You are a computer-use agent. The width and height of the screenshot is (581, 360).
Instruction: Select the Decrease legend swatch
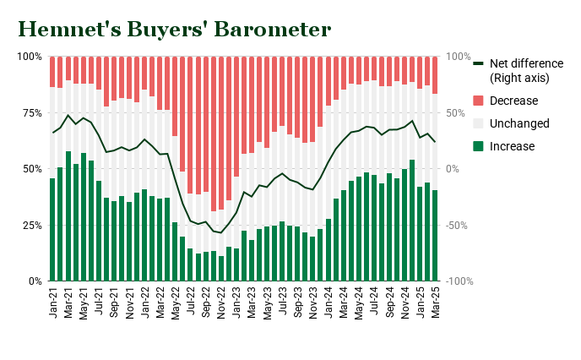(x=478, y=101)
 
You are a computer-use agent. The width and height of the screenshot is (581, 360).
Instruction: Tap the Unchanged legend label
(x=519, y=123)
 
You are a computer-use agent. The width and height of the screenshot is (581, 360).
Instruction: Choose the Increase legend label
(x=513, y=146)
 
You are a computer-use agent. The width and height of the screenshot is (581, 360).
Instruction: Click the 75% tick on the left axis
(x=30, y=112)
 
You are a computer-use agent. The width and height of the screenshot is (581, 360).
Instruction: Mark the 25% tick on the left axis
(x=30, y=225)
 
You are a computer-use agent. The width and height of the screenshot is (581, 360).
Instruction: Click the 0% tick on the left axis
(x=34, y=281)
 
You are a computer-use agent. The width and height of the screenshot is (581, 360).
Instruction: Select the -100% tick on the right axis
(x=461, y=281)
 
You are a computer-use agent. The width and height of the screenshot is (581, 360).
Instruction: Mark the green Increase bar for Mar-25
(x=436, y=235)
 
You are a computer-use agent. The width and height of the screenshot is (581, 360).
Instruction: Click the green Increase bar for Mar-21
(x=68, y=216)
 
